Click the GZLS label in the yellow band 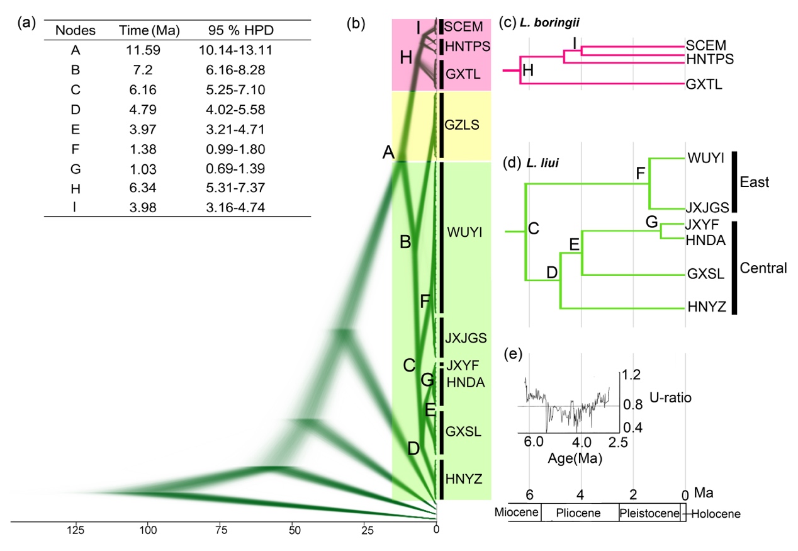[x=463, y=125]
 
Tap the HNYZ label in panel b [x=464, y=479]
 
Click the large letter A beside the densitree [x=388, y=152]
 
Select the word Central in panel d [x=763, y=268]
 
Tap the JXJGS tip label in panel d [x=707, y=208]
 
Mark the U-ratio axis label [x=652, y=398]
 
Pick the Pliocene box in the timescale [x=578, y=513]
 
